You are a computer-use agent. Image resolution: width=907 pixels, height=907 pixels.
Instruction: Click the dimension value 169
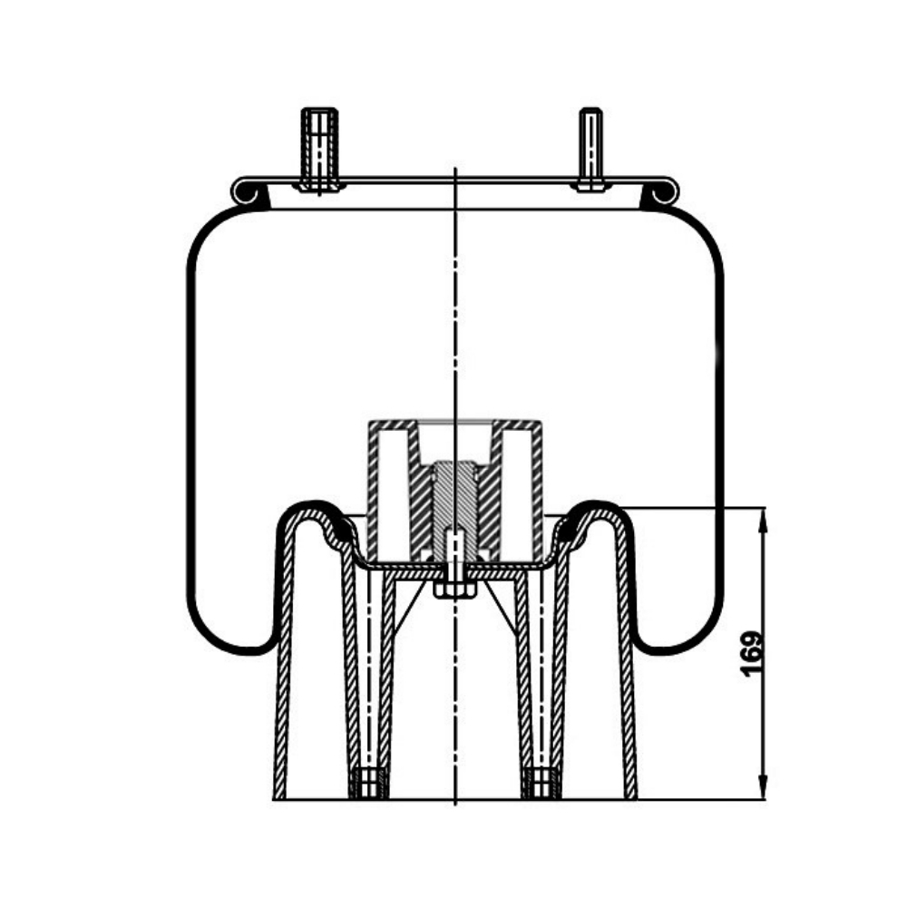pos(751,654)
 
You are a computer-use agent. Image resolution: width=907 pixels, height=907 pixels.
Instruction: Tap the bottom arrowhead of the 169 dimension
pos(764,787)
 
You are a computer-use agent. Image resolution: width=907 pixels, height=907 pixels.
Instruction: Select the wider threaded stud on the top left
pos(320,150)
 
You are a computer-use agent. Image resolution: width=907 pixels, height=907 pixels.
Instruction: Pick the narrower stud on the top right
pos(590,150)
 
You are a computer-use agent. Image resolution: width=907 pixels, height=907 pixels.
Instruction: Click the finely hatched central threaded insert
pos(455,497)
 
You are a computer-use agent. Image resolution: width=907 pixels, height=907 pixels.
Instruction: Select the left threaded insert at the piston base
pos(368,784)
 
